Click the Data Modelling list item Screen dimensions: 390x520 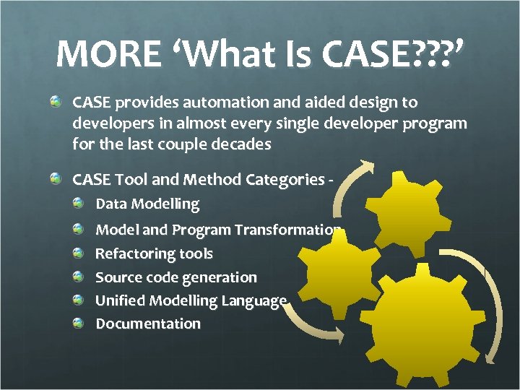click(147, 204)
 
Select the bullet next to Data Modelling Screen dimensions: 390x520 click(78, 204)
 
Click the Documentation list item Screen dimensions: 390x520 click(148, 324)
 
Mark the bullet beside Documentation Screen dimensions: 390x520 click(78, 324)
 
